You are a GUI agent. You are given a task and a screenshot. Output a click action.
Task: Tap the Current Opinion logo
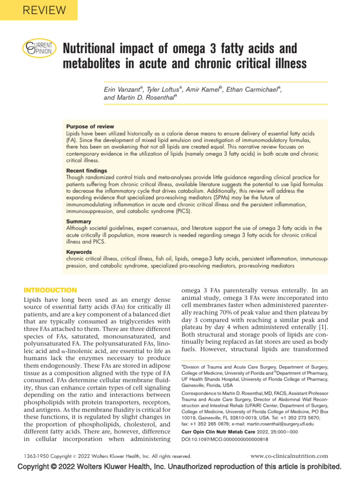click(x=39, y=48)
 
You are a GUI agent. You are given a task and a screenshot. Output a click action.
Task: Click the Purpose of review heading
click(x=90, y=127)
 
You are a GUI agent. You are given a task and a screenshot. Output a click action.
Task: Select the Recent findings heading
click(x=86, y=171)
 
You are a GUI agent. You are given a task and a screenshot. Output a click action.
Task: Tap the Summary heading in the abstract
click(x=78, y=221)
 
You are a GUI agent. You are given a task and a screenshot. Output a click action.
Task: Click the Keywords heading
click(x=80, y=252)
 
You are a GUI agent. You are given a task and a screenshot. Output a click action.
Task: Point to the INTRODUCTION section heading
click(x=50, y=290)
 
